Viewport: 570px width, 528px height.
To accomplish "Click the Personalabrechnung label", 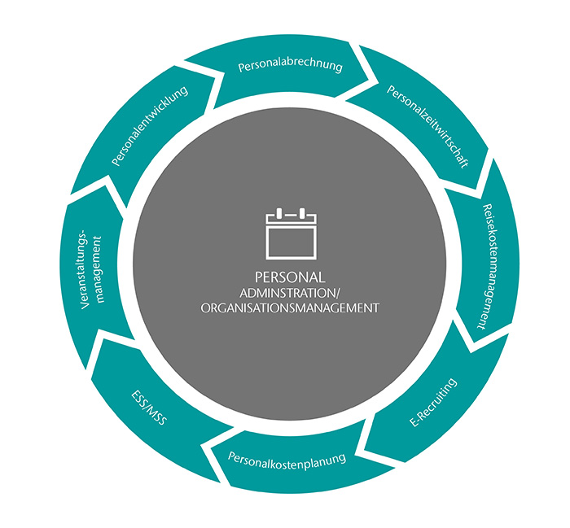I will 290,64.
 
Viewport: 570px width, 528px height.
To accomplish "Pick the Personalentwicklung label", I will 150,126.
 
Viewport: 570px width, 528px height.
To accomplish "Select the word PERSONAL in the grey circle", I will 290,276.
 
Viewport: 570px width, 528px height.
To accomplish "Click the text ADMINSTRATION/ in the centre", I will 290,292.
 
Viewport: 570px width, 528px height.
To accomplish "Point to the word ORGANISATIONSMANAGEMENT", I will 290,308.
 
